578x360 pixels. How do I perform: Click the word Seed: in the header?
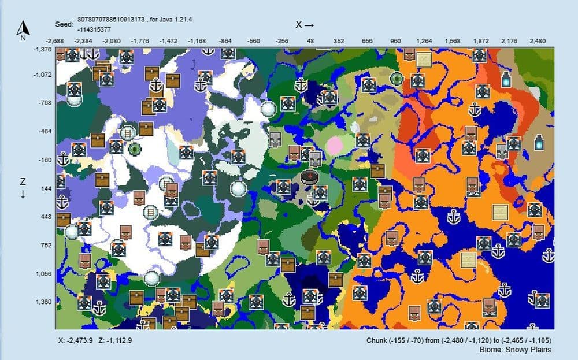click(64, 25)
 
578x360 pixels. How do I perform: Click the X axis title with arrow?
click(305, 24)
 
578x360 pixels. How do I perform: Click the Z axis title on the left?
click(23, 187)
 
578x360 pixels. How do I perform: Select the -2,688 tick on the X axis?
click(56, 41)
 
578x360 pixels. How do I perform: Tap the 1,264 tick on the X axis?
click(424, 41)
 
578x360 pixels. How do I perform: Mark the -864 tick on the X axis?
click(225, 41)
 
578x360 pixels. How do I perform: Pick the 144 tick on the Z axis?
click(46, 188)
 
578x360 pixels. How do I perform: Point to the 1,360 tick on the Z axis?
click(44, 302)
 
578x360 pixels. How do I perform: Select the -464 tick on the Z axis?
click(45, 132)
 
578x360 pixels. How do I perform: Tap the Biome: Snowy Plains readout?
click(515, 350)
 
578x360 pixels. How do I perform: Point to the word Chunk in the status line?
click(377, 340)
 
